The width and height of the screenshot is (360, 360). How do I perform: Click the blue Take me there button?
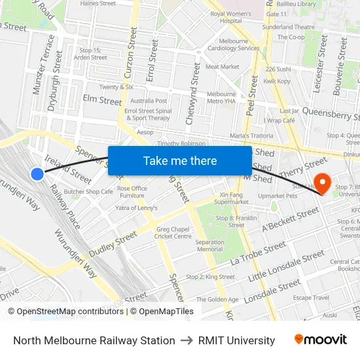point(180,161)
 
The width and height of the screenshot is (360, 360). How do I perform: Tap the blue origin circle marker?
point(37,173)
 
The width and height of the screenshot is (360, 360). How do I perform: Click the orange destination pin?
point(322,181)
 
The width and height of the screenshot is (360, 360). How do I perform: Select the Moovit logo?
point(320,340)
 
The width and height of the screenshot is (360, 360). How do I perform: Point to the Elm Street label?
point(102,101)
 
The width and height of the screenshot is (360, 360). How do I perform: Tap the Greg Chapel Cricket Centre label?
point(174,232)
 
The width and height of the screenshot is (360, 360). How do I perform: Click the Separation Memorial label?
point(209,245)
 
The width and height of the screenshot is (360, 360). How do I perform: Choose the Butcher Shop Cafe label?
point(88,192)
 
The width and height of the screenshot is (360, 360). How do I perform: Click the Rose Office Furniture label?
point(132,192)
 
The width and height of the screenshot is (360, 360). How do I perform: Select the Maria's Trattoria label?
point(251,135)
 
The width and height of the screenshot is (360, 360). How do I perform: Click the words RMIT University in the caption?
point(236,340)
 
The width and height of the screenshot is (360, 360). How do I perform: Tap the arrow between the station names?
point(187,340)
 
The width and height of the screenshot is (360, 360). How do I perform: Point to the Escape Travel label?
point(311,297)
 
